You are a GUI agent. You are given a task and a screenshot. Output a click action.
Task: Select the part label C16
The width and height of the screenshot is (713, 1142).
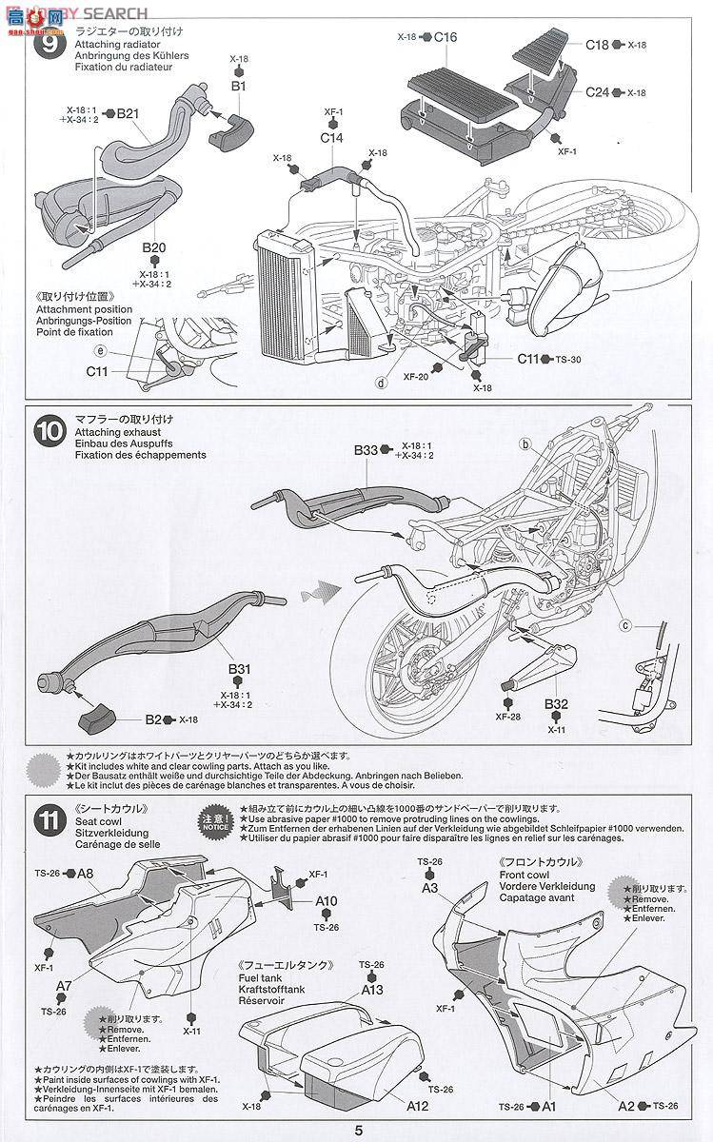[446, 36]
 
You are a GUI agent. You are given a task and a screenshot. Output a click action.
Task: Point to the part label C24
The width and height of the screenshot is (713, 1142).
[597, 91]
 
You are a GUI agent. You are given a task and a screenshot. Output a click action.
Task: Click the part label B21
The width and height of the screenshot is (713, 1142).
[128, 113]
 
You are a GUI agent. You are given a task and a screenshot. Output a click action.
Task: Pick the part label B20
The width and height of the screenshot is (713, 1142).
[155, 248]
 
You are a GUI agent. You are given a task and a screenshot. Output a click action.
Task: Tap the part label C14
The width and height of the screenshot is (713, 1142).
[331, 138]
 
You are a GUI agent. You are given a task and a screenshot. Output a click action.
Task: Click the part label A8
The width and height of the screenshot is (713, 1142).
[85, 874]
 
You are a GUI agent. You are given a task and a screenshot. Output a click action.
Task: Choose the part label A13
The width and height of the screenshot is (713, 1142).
[371, 989]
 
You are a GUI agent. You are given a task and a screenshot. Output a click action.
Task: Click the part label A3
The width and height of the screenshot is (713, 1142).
[429, 887]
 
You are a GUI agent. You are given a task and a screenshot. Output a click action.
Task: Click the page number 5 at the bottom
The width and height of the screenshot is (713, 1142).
[359, 1132]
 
